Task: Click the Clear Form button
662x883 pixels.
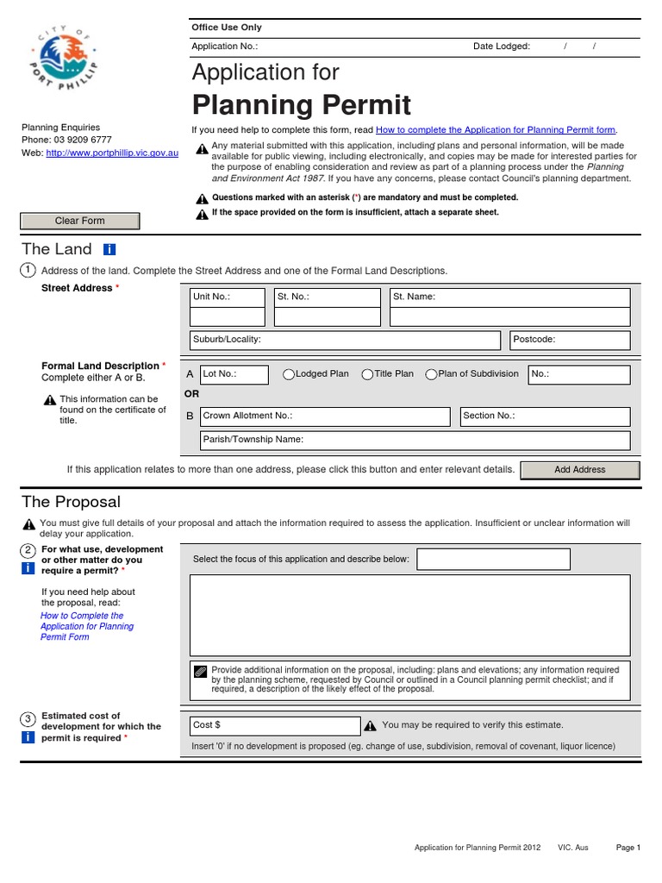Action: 79,221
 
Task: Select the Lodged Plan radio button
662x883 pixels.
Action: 290,374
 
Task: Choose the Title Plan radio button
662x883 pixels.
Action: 367,374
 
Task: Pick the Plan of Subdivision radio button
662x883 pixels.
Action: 431,374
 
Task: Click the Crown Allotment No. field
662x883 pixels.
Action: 325,416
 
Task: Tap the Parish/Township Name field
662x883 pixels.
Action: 415,440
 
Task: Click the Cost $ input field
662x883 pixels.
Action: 274,726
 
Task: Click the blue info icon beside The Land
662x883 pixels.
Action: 109,249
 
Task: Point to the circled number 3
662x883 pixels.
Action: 28,718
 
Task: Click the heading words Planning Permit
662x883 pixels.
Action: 301,105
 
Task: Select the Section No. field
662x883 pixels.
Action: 545,416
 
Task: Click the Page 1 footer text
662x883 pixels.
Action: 628,848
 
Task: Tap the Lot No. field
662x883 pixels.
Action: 234,375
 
